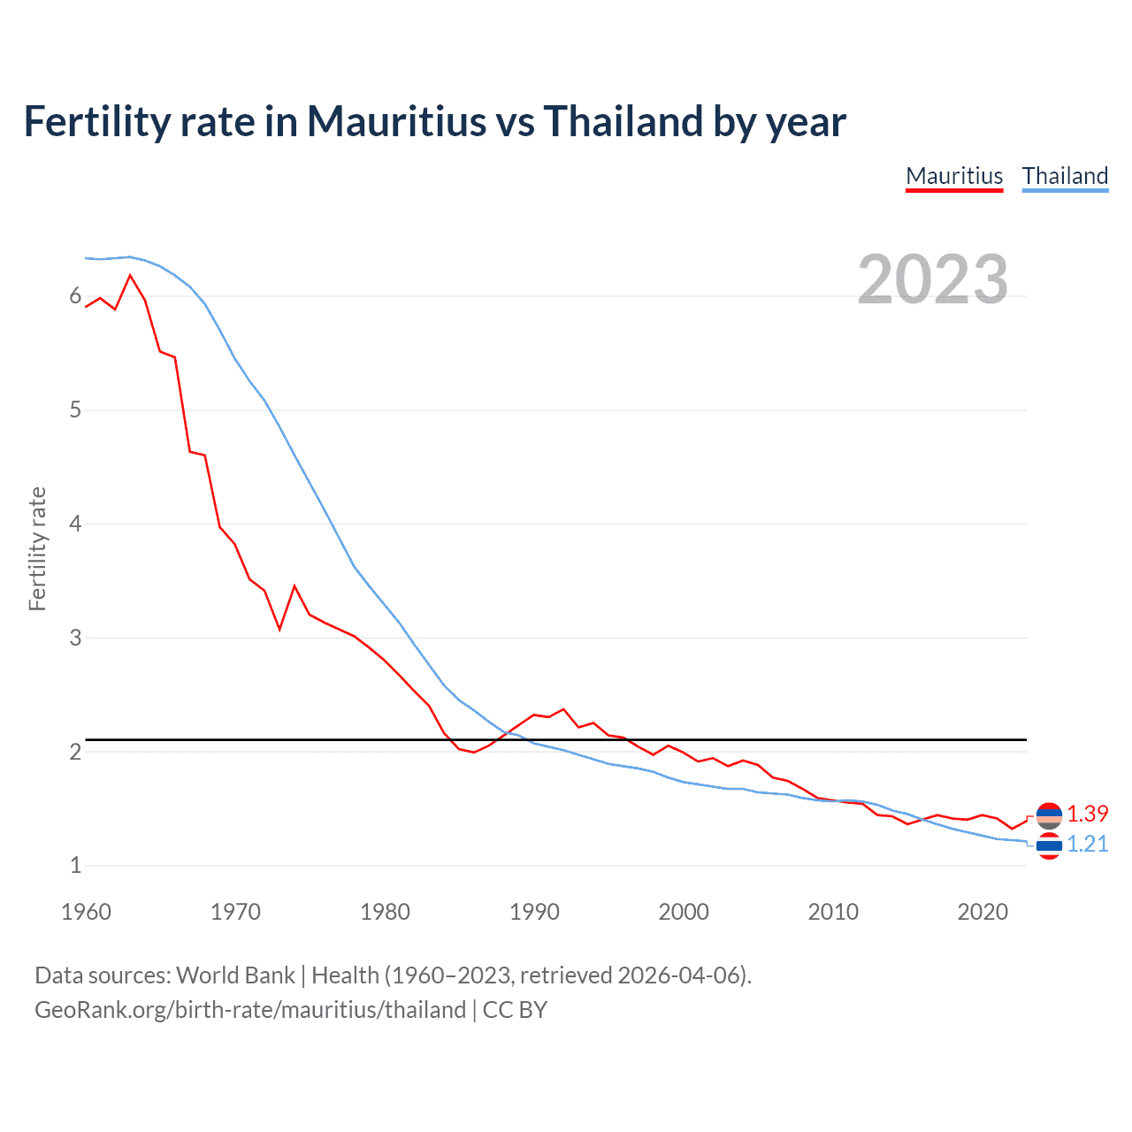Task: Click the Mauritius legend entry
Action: pyautogui.click(x=954, y=176)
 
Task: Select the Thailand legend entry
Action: pyautogui.click(x=1065, y=176)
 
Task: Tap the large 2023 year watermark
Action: pyautogui.click(x=932, y=279)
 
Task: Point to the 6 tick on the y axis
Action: pyautogui.click(x=75, y=296)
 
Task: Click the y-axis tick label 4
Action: pyautogui.click(x=75, y=524)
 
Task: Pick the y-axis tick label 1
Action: pyautogui.click(x=75, y=865)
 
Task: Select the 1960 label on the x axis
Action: pyautogui.click(x=86, y=912)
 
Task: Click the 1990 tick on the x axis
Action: pyautogui.click(x=534, y=912)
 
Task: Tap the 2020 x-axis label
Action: pyautogui.click(x=983, y=912)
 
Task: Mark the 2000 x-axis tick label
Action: pyautogui.click(x=684, y=912)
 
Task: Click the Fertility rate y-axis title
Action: pyautogui.click(x=37, y=548)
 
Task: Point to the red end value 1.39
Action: pyautogui.click(x=1087, y=814)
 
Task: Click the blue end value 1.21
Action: pyautogui.click(x=1087, y=845)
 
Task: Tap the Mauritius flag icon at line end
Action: pyautogui.click(x=1049, y=815)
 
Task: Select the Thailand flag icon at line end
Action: pyautogui.click(x=1049, y=846)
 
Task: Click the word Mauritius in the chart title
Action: pyautogui.click(x=396, y=121)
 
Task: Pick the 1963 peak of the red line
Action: pyautogui.click(x=130, y=275)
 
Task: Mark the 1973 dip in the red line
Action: pyautogui.click(x=279, y=629)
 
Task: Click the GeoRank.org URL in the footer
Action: pyautogui.click(x=250, y=1010)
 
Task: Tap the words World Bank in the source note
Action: pyautogui.click(x=235, y=975)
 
